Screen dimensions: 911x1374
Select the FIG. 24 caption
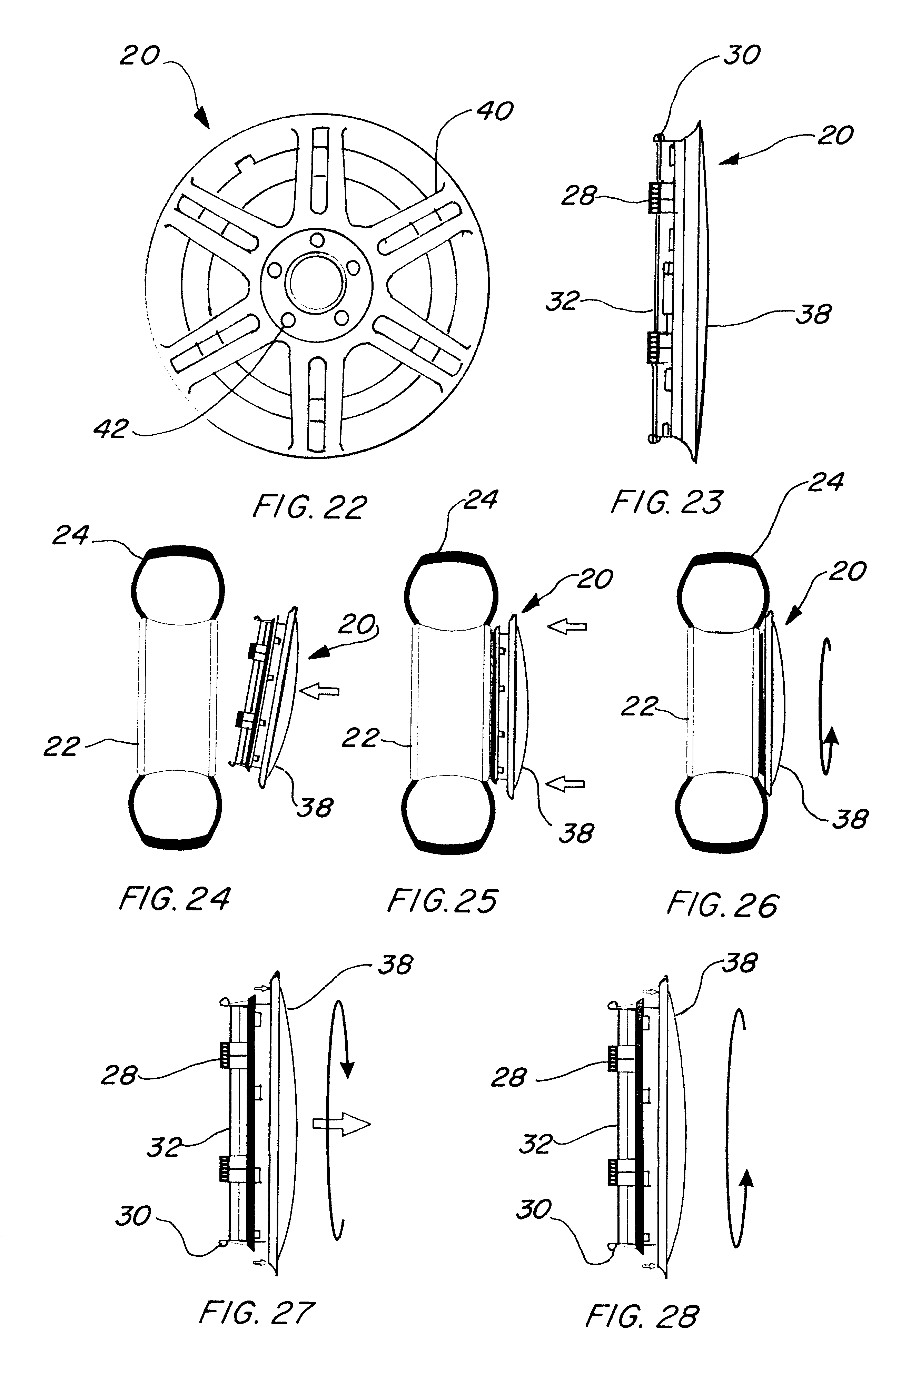(174, 898)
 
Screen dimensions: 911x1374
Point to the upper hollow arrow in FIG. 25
(568, 627)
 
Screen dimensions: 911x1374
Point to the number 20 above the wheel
(139, 56)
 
